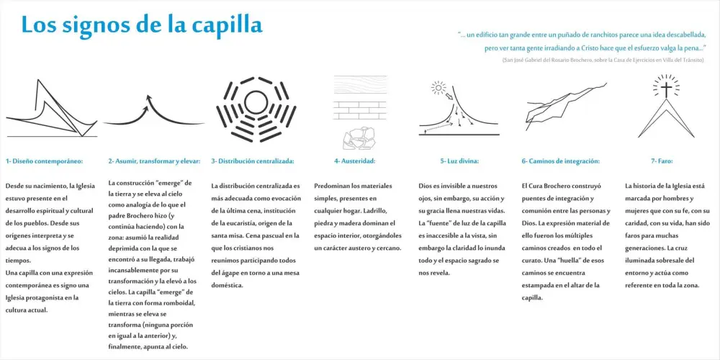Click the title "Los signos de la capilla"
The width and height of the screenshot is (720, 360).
pos(142,24)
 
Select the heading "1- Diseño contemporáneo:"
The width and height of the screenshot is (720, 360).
pos(45,161)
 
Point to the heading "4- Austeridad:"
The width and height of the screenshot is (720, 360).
pos(354,161)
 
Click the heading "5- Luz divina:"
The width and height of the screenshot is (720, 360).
pos(459,161)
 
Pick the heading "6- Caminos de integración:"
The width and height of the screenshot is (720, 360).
pos(560,161)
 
